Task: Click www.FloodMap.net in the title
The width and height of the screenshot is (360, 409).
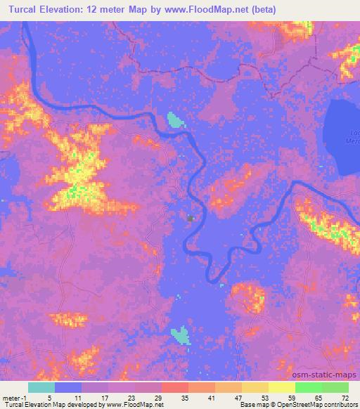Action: pos(203,10)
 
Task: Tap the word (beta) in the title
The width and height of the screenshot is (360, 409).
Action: pos(259,10)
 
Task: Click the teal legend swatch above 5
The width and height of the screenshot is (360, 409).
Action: pos(41,387)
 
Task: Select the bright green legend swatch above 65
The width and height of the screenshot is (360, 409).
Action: pos(309,387)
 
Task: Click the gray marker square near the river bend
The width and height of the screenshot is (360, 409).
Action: pos(190,219)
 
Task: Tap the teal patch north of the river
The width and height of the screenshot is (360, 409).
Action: pos(174,122)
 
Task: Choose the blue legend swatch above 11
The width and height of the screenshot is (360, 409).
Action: pos(68,387)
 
